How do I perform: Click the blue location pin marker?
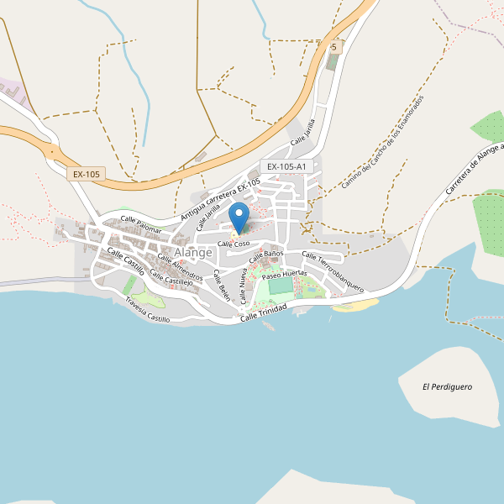pyautogui.click(x=239, y=217)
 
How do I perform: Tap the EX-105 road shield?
pyautogui.click(x=87, y=174)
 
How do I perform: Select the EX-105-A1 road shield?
pyautogui.click(x=286, y=167)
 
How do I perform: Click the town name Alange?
pyautogui.click(x=192, y=252)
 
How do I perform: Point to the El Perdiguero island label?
pyautogui.click(x=447, y=386)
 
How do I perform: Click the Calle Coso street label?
pyautogui.click(x=234, y=244)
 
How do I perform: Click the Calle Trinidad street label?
pyautogui.click(x=263, y=312)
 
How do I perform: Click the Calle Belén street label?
pyautogui.click(x=221, y=286)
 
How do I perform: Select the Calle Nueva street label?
pyautogui.click(x=243, y=286)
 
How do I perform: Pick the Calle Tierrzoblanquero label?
pyautogui.click(x=333, y=272)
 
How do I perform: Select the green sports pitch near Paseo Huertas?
pyautogui.click(x=281, y=286)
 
